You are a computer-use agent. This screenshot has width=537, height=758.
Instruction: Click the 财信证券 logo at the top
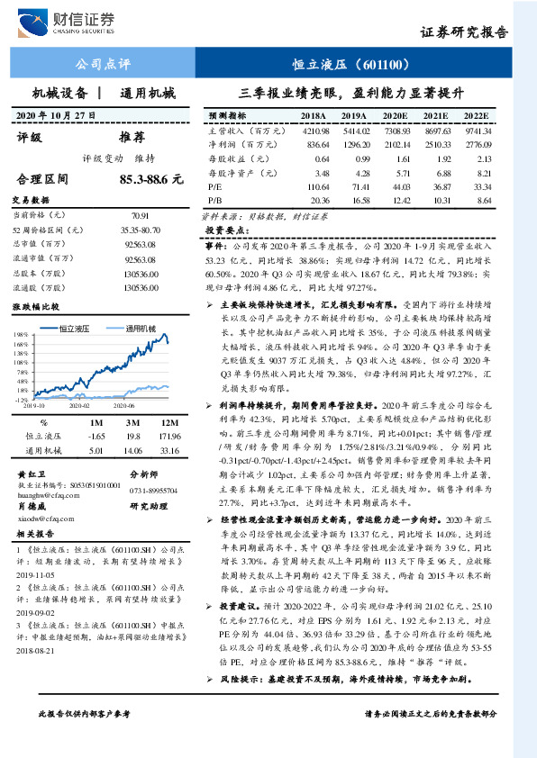[x=77, y=22]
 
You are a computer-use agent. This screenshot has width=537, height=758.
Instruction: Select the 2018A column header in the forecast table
[x=313, y=117]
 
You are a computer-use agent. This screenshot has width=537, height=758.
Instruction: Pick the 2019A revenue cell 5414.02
[x=353, y=131]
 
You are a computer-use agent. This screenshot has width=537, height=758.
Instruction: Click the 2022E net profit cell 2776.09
[x=477, y=145]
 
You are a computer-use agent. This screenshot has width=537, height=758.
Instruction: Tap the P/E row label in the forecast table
[x=214, y=185]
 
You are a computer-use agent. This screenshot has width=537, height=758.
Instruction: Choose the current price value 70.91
[x=140, y=216]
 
